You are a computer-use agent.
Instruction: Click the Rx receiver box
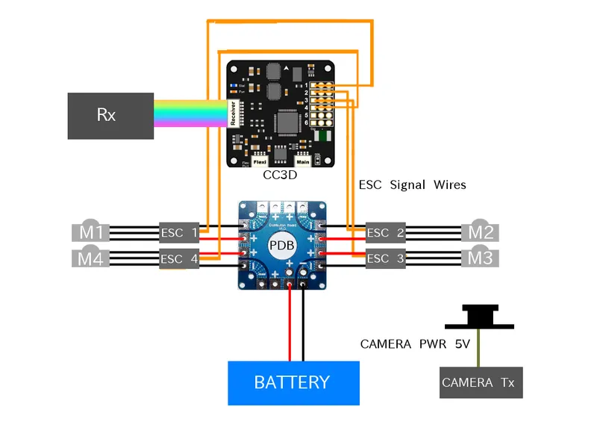click(110, 116)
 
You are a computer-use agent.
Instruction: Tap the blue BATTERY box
click(293, 383)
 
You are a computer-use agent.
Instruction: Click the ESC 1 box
click(179, 233)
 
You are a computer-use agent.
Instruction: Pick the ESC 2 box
click(385, 233)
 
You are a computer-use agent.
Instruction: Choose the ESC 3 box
click(385, 258)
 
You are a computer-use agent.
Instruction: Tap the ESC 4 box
click(179, 259)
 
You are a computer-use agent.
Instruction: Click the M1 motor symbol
click(90, 232)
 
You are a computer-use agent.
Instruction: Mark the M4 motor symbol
click(90, 258)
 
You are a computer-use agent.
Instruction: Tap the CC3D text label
click(281, 175)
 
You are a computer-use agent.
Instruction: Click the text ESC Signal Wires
click(412, 184)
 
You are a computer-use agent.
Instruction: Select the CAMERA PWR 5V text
click(415, 344)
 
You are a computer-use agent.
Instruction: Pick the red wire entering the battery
click(290, 329)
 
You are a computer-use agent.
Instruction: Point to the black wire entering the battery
click(303, 329)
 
